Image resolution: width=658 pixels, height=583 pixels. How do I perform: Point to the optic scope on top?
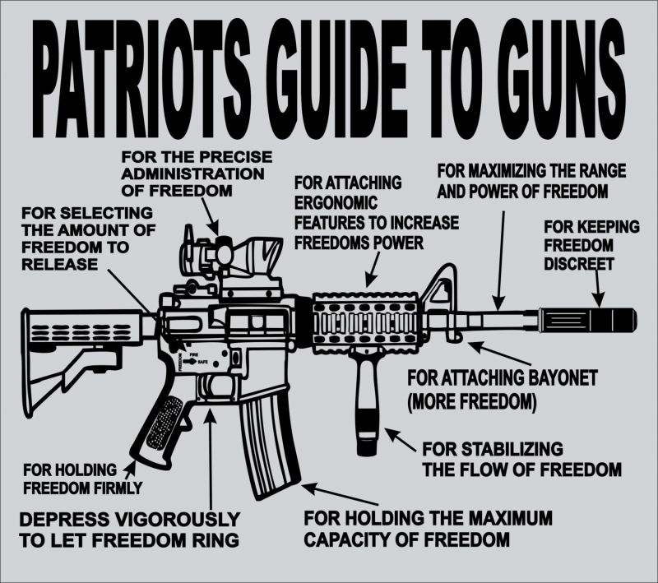click(239, 252)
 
